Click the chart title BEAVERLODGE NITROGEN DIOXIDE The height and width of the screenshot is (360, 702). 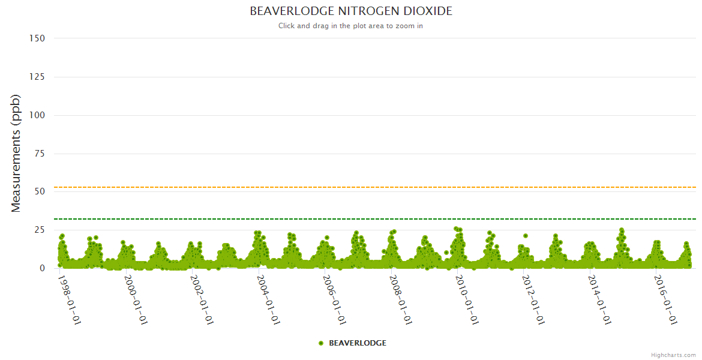pyautogui.click(x=351, y=11)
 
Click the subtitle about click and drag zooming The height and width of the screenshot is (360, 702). pyautogui.click(x=351, y=26)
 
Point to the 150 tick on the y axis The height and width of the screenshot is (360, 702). pyautogui.click(x=37, y=38)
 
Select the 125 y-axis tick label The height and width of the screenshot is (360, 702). pyautogui.click(x=37, y=77)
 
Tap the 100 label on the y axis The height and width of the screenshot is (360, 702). pyautogui.click(x=37, y=115)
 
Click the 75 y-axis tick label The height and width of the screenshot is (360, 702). pyautogui.click(x=40, y=154)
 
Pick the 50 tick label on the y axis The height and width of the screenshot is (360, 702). pyautogui.click(x=40, y=191)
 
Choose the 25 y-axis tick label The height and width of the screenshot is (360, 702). pyautogui.click(x=40, y=230)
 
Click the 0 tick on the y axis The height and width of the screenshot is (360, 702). pyautogui.click(x=42, y=268)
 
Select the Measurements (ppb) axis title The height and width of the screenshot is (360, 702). pyautogui.click(x=16, y=153)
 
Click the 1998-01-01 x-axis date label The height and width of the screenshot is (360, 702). pyautogui.click(x=70, y=299)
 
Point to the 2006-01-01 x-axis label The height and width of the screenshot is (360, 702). pyautogui.click(x=335, y=299)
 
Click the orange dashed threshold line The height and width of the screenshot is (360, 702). pyautogui.click(x=360, y=187)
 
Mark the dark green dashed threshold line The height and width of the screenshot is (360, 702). pyautogui.click(x=360, y=219)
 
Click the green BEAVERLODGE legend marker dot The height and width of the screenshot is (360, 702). pyautogui.click(x=321, y=343)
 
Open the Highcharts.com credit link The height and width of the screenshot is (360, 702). pyautogui.click(x=673, y=355)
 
